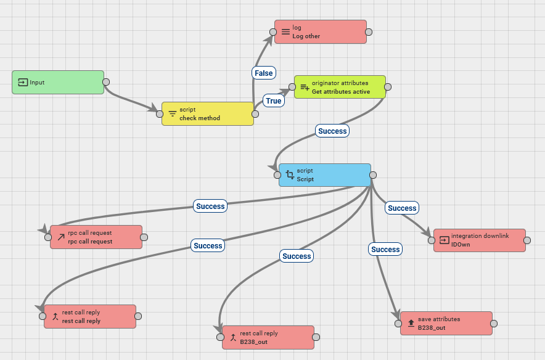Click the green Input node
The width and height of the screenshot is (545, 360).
[x=58, y=83]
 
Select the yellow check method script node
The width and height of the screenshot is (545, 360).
[x=208, y=113]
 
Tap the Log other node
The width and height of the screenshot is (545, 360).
[x=321, y=31]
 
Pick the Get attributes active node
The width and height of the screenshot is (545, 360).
[x=340, y=87]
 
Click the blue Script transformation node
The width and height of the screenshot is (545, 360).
[x=325, y=175]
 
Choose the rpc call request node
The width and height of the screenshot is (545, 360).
[x=96, y=237]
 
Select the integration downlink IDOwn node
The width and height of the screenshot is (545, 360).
[x=480, y=240]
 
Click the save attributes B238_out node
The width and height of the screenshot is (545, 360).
[x=446, y=323]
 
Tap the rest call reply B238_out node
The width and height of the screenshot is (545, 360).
[x=268, y=337]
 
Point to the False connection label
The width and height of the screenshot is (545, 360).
[x=264, y=73]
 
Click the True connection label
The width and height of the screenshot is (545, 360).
[x=274, y=100]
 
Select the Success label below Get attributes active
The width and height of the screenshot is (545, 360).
[x=332, y=131]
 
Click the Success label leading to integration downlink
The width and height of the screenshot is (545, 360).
[x=402, y=208]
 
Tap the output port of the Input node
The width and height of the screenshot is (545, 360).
[x=106, y=82]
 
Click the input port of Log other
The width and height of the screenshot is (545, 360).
[x=273, y=32]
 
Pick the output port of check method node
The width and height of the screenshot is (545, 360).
[x=255, y=114]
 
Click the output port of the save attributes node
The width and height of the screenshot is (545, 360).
[x=494, y=324]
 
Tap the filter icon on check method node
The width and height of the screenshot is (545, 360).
[x=173, y=113]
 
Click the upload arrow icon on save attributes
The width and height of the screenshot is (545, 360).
[x=411, y=323]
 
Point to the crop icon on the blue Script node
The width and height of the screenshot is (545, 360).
[x=290, y=175]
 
